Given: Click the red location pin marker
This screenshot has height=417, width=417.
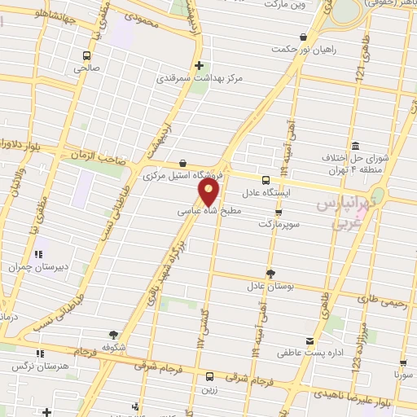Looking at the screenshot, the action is (x=209, y=191).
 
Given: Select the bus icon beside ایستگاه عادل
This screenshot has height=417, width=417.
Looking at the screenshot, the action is (x=266, y=180).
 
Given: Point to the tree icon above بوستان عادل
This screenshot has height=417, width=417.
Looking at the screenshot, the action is (x=271, y=274).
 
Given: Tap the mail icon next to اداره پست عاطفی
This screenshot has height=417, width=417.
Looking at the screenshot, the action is (x=309, y=341).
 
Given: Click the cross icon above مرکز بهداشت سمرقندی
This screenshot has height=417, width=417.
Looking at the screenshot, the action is (x=199, y=66).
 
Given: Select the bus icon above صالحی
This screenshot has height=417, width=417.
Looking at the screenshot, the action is (x=86, y=55).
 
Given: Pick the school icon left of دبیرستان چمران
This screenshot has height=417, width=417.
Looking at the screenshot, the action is (x=37, y=254).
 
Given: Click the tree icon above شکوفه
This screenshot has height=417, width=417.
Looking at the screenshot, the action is (x=113, y=334).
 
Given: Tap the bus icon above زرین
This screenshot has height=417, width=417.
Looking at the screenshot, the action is (x=210, y=376).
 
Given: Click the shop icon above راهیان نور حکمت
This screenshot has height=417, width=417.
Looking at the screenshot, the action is (x=304, y=37).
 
